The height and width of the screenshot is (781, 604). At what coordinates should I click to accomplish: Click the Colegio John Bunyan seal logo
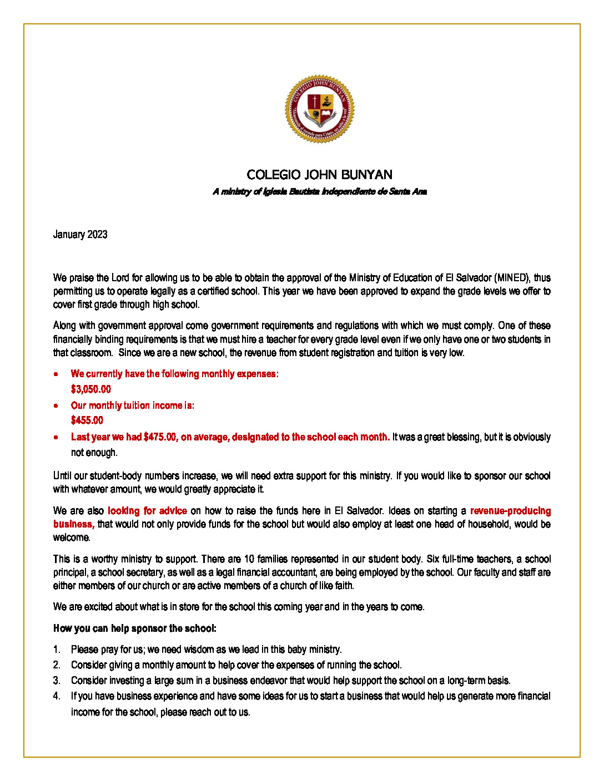pyautogui.click(x=320, y=109)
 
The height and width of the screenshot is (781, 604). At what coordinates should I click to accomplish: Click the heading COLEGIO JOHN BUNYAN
pyautogui.click(x=320, y=175)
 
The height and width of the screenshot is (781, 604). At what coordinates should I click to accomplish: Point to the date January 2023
pyautogui.click(x=80, y=235)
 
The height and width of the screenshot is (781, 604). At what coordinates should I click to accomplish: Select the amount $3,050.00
pyautogui.click(x=90, y=389)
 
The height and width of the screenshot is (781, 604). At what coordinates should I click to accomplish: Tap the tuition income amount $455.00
pyautogui.click(x=87, y=420)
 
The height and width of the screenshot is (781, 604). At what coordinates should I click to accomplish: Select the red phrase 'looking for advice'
pyautogui.click(x=147, y=511)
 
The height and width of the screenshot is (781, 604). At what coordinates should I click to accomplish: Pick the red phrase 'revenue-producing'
pyautogui.click(x=510, y=511)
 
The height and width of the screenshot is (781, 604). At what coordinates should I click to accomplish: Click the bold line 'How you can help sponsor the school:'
pyautogui.click(x=135, y=628)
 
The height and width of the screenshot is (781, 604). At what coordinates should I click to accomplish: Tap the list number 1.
pyautogui.click(x=57, y=650)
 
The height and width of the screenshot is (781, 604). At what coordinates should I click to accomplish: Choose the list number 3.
pyautogui.click(x=57, y=681)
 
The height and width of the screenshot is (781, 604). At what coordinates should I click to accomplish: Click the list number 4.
pyautogui.click(x=57, y=696)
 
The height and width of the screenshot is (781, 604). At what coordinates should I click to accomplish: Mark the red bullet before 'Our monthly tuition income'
pyautogui.click(x=56, y=405)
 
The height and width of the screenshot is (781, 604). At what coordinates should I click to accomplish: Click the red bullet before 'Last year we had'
pyautogui.click(x=56, y=437)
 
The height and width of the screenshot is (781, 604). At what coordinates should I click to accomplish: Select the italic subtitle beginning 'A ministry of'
pyautogui.click(x=320, y=192)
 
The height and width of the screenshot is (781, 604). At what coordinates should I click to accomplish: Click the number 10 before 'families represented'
pyautogui.click(x=249, y=559)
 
